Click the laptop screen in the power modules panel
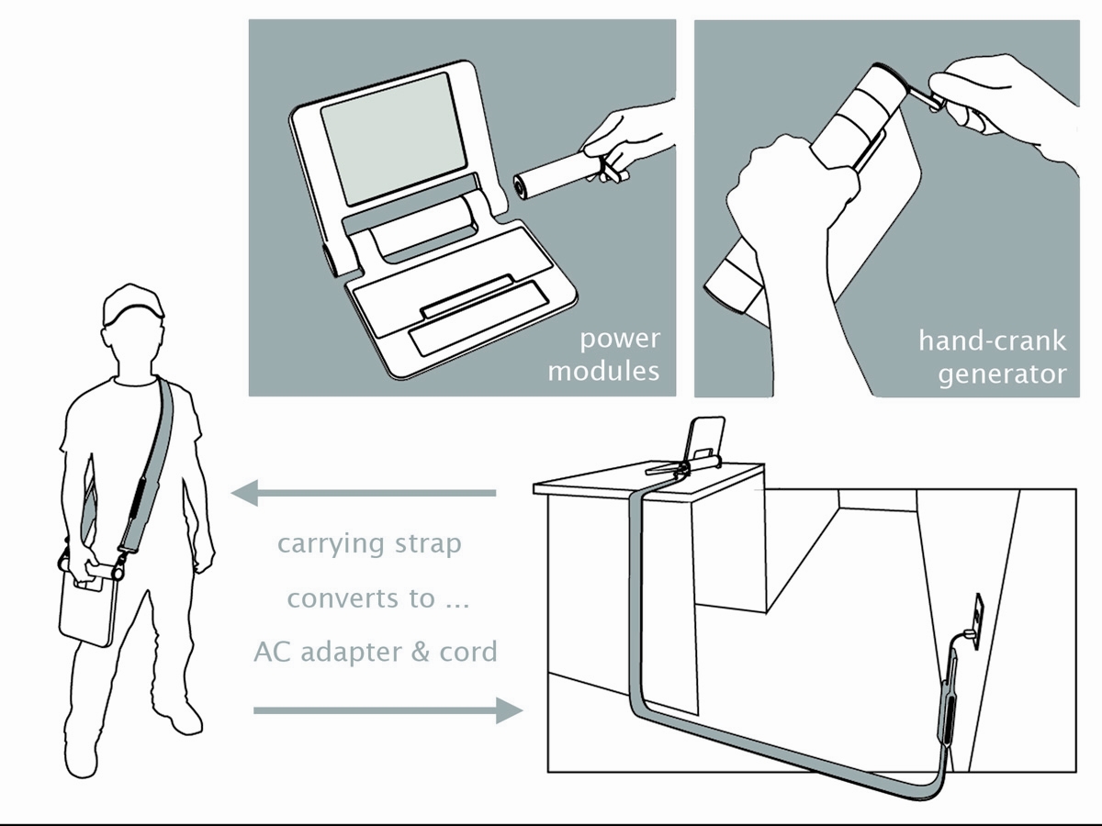393,139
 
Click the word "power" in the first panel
620,340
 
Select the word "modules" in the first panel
603,372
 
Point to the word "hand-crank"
992,341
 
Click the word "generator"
1002,374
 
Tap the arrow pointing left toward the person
364,493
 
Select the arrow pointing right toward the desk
388,710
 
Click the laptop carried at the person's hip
86,610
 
